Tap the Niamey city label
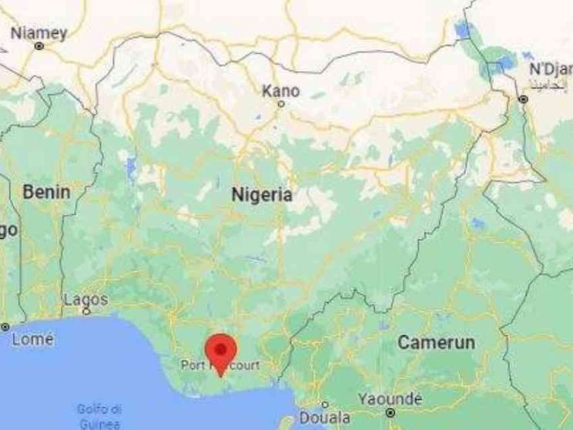(x=39, y=33)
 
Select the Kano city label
(x=281, y=90)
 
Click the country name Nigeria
(x=262, y=196)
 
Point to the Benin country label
(x=46, y=192)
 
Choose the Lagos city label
(x=85, y=299)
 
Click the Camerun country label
(x=437, y=343)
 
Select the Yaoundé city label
(x=390, y=399)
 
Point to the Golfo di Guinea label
(x=98, y=416)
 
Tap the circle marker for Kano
(x=281, y=103)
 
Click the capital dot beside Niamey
(x=39, y=46)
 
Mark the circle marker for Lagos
(x=85, y=311)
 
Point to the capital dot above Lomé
(x=6, y=327)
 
